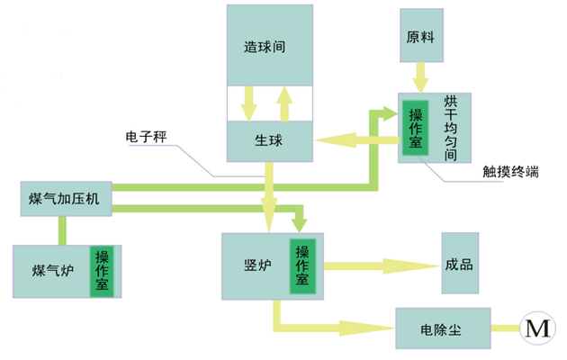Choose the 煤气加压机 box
coord(65,197)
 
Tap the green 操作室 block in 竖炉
coord(302,265)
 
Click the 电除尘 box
coord(442,328)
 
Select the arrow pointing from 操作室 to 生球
coord(355,140)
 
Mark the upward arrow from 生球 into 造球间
coord(285,103)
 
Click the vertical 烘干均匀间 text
coord(450,127)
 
